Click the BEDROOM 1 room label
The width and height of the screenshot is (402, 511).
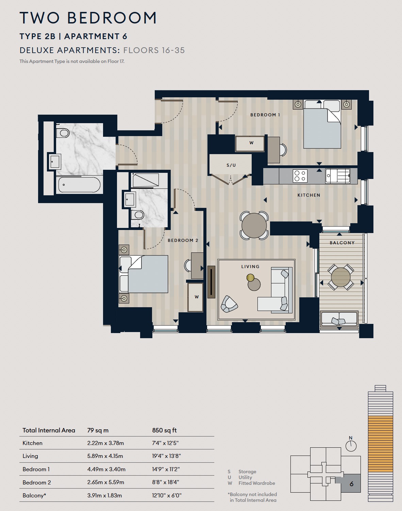(265, 115)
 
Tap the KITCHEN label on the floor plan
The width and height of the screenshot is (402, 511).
(309, 195)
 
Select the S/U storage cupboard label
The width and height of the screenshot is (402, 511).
(231, 165)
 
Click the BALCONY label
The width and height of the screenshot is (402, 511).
(342, 243)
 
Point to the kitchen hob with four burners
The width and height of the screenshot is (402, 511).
(300, 176)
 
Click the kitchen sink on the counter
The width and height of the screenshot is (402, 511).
(337, 176)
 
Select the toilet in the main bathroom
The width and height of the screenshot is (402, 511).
(63, 133)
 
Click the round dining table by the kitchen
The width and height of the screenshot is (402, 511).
(254, 225)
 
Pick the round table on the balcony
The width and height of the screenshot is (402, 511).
(341, 277)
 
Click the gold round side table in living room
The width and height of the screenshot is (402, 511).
(250, 277)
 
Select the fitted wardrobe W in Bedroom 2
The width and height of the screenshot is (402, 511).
(196, 297)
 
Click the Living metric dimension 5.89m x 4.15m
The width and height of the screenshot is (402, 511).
(105, 456)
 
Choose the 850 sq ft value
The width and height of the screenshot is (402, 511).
(164, 430)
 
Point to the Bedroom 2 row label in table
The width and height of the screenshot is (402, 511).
(37, 482)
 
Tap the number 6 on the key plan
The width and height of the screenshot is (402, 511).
(352, 484)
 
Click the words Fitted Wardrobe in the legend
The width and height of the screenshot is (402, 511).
(257, 483)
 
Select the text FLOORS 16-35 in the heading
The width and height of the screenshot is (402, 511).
(154, 50)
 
